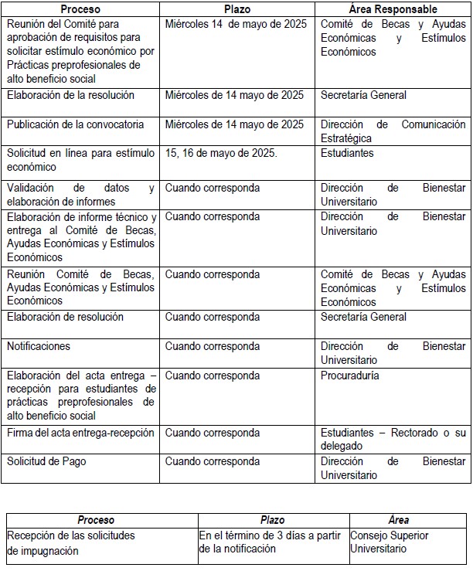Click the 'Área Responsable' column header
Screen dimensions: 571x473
(x=393, y=9)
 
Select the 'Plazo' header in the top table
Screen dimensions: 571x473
(x=236, y=9)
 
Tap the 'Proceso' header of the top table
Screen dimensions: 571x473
(x=80, y=9)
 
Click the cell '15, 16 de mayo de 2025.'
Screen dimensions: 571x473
(x=221, y=153)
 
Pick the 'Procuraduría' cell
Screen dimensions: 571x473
(x=350, y=376)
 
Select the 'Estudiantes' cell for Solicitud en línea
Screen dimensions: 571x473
(x=347, y=153)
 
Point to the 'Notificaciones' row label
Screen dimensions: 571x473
(x=39, y=346)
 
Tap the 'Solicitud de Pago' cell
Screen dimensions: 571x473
(x=46, y=461)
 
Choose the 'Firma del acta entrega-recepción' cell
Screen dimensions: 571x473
(x=80, y=433)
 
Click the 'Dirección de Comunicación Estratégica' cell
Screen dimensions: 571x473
(x=393, y=131)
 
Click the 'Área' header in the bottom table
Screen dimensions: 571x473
(x=400, y=520)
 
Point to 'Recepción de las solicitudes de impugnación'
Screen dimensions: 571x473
(x=70, y=542)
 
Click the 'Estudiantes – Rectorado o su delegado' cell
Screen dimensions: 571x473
(x=393, y=440)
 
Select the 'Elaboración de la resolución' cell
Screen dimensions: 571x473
(x=70, y=95)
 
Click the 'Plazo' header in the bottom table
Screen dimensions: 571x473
(x=272, y=520)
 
